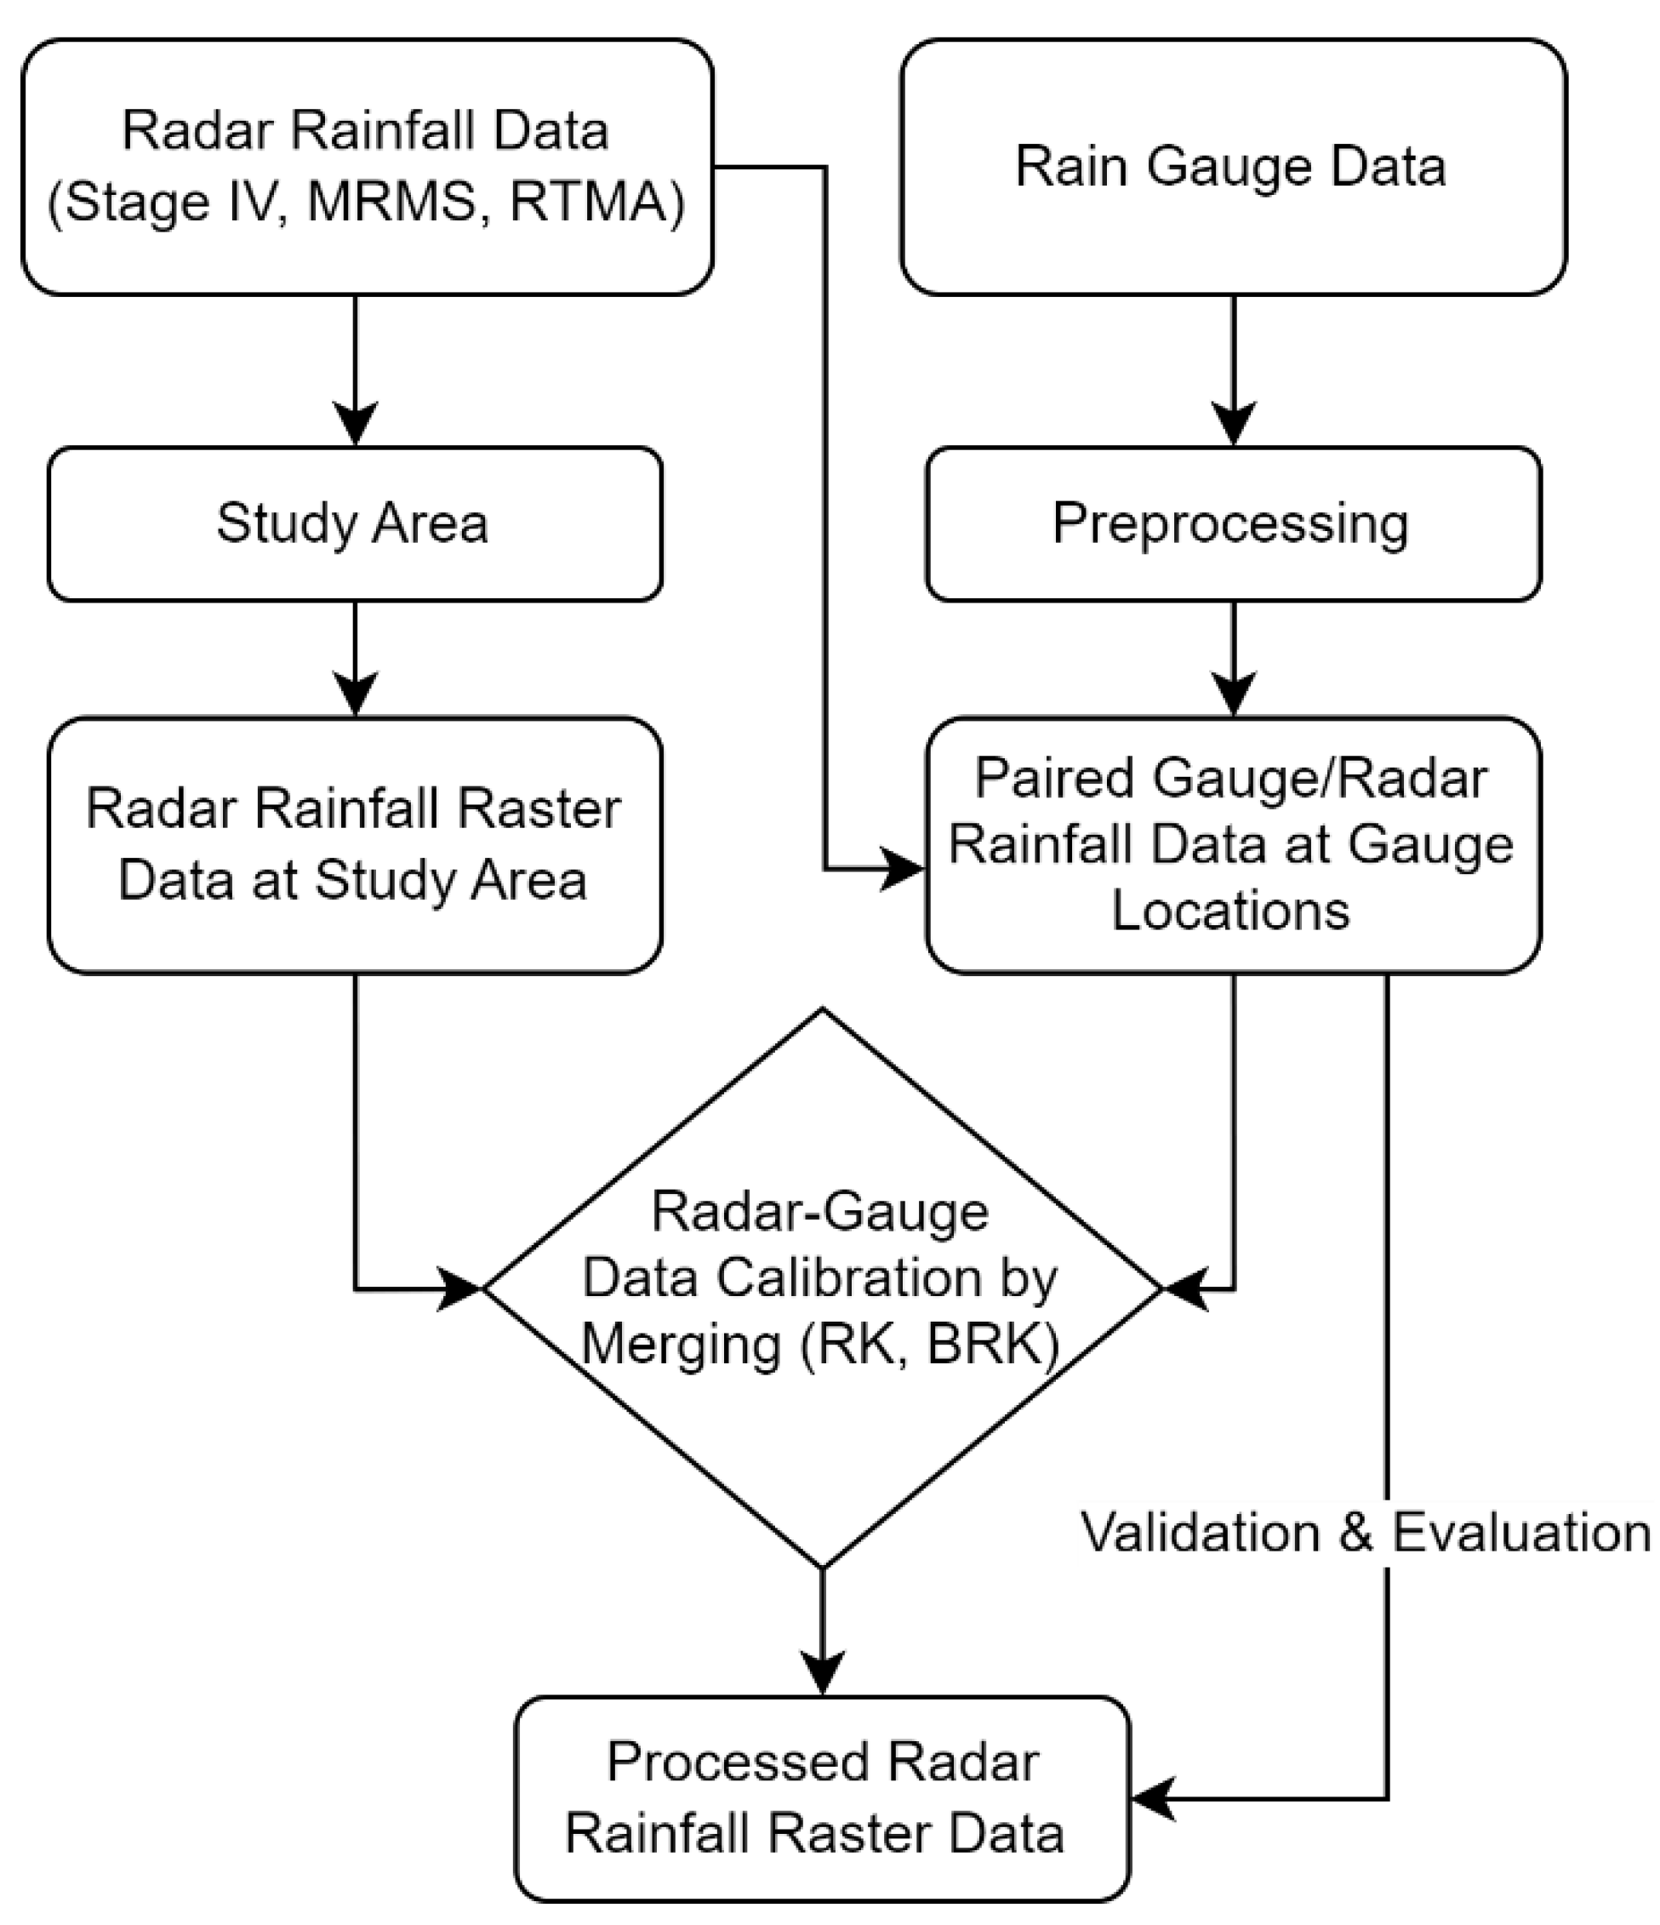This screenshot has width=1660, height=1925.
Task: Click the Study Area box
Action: (x=354, y=524)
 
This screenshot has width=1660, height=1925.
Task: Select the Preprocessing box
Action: (x=1232, y=524)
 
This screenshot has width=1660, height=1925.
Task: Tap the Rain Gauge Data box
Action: (x=1232, y=168)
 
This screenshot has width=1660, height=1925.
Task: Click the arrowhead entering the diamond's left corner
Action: (x=459, y=1289)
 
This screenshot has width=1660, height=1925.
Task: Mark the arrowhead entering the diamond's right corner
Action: (x=1185, y=1289)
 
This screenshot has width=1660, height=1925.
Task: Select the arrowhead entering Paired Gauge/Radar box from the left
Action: (x=901, y=870)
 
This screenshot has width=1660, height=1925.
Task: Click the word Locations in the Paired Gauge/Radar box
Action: (x=1231, y=911)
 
